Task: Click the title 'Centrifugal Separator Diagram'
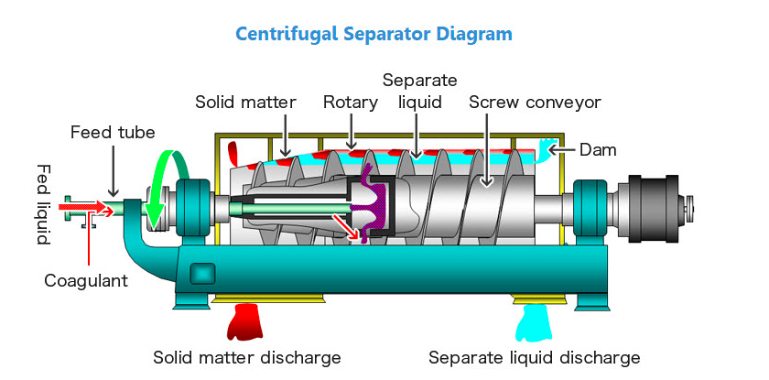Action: [374, 34]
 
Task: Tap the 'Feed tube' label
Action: [113, 132]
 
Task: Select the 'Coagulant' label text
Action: [86, 280]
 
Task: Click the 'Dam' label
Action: [598, 149]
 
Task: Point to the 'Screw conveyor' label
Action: [535, 103]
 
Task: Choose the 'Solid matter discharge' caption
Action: [246, 357]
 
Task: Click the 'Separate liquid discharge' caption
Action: [534, 357]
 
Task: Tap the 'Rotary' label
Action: [350, 103]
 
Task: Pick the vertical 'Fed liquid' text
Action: [44, 204]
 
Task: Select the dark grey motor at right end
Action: [652, 209]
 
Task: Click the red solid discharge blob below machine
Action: [244, 321]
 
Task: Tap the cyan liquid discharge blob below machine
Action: [534, 323]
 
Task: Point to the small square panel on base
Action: [202, 274]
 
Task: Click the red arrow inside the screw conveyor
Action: [346, 226]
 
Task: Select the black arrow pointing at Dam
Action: [563, 149]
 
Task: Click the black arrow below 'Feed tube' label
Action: [113, 169]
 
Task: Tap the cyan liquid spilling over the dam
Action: [546, 150]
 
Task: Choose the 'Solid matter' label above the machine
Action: [245, 103]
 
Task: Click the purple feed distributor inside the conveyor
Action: [375, 206]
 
